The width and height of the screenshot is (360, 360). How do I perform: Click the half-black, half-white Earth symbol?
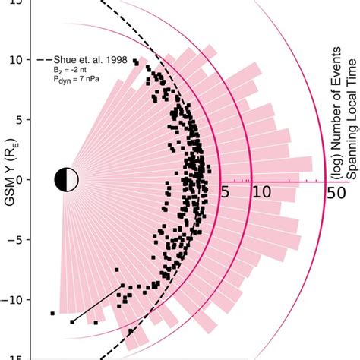67,180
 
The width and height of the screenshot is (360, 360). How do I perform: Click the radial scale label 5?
225,193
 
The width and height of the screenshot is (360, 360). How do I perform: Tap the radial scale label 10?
261,193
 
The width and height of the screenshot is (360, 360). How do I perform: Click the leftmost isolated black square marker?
52,313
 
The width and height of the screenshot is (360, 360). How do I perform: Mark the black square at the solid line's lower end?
73,322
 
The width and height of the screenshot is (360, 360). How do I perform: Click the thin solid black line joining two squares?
99,304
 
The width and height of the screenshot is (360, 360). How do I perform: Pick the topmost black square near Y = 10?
135,61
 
